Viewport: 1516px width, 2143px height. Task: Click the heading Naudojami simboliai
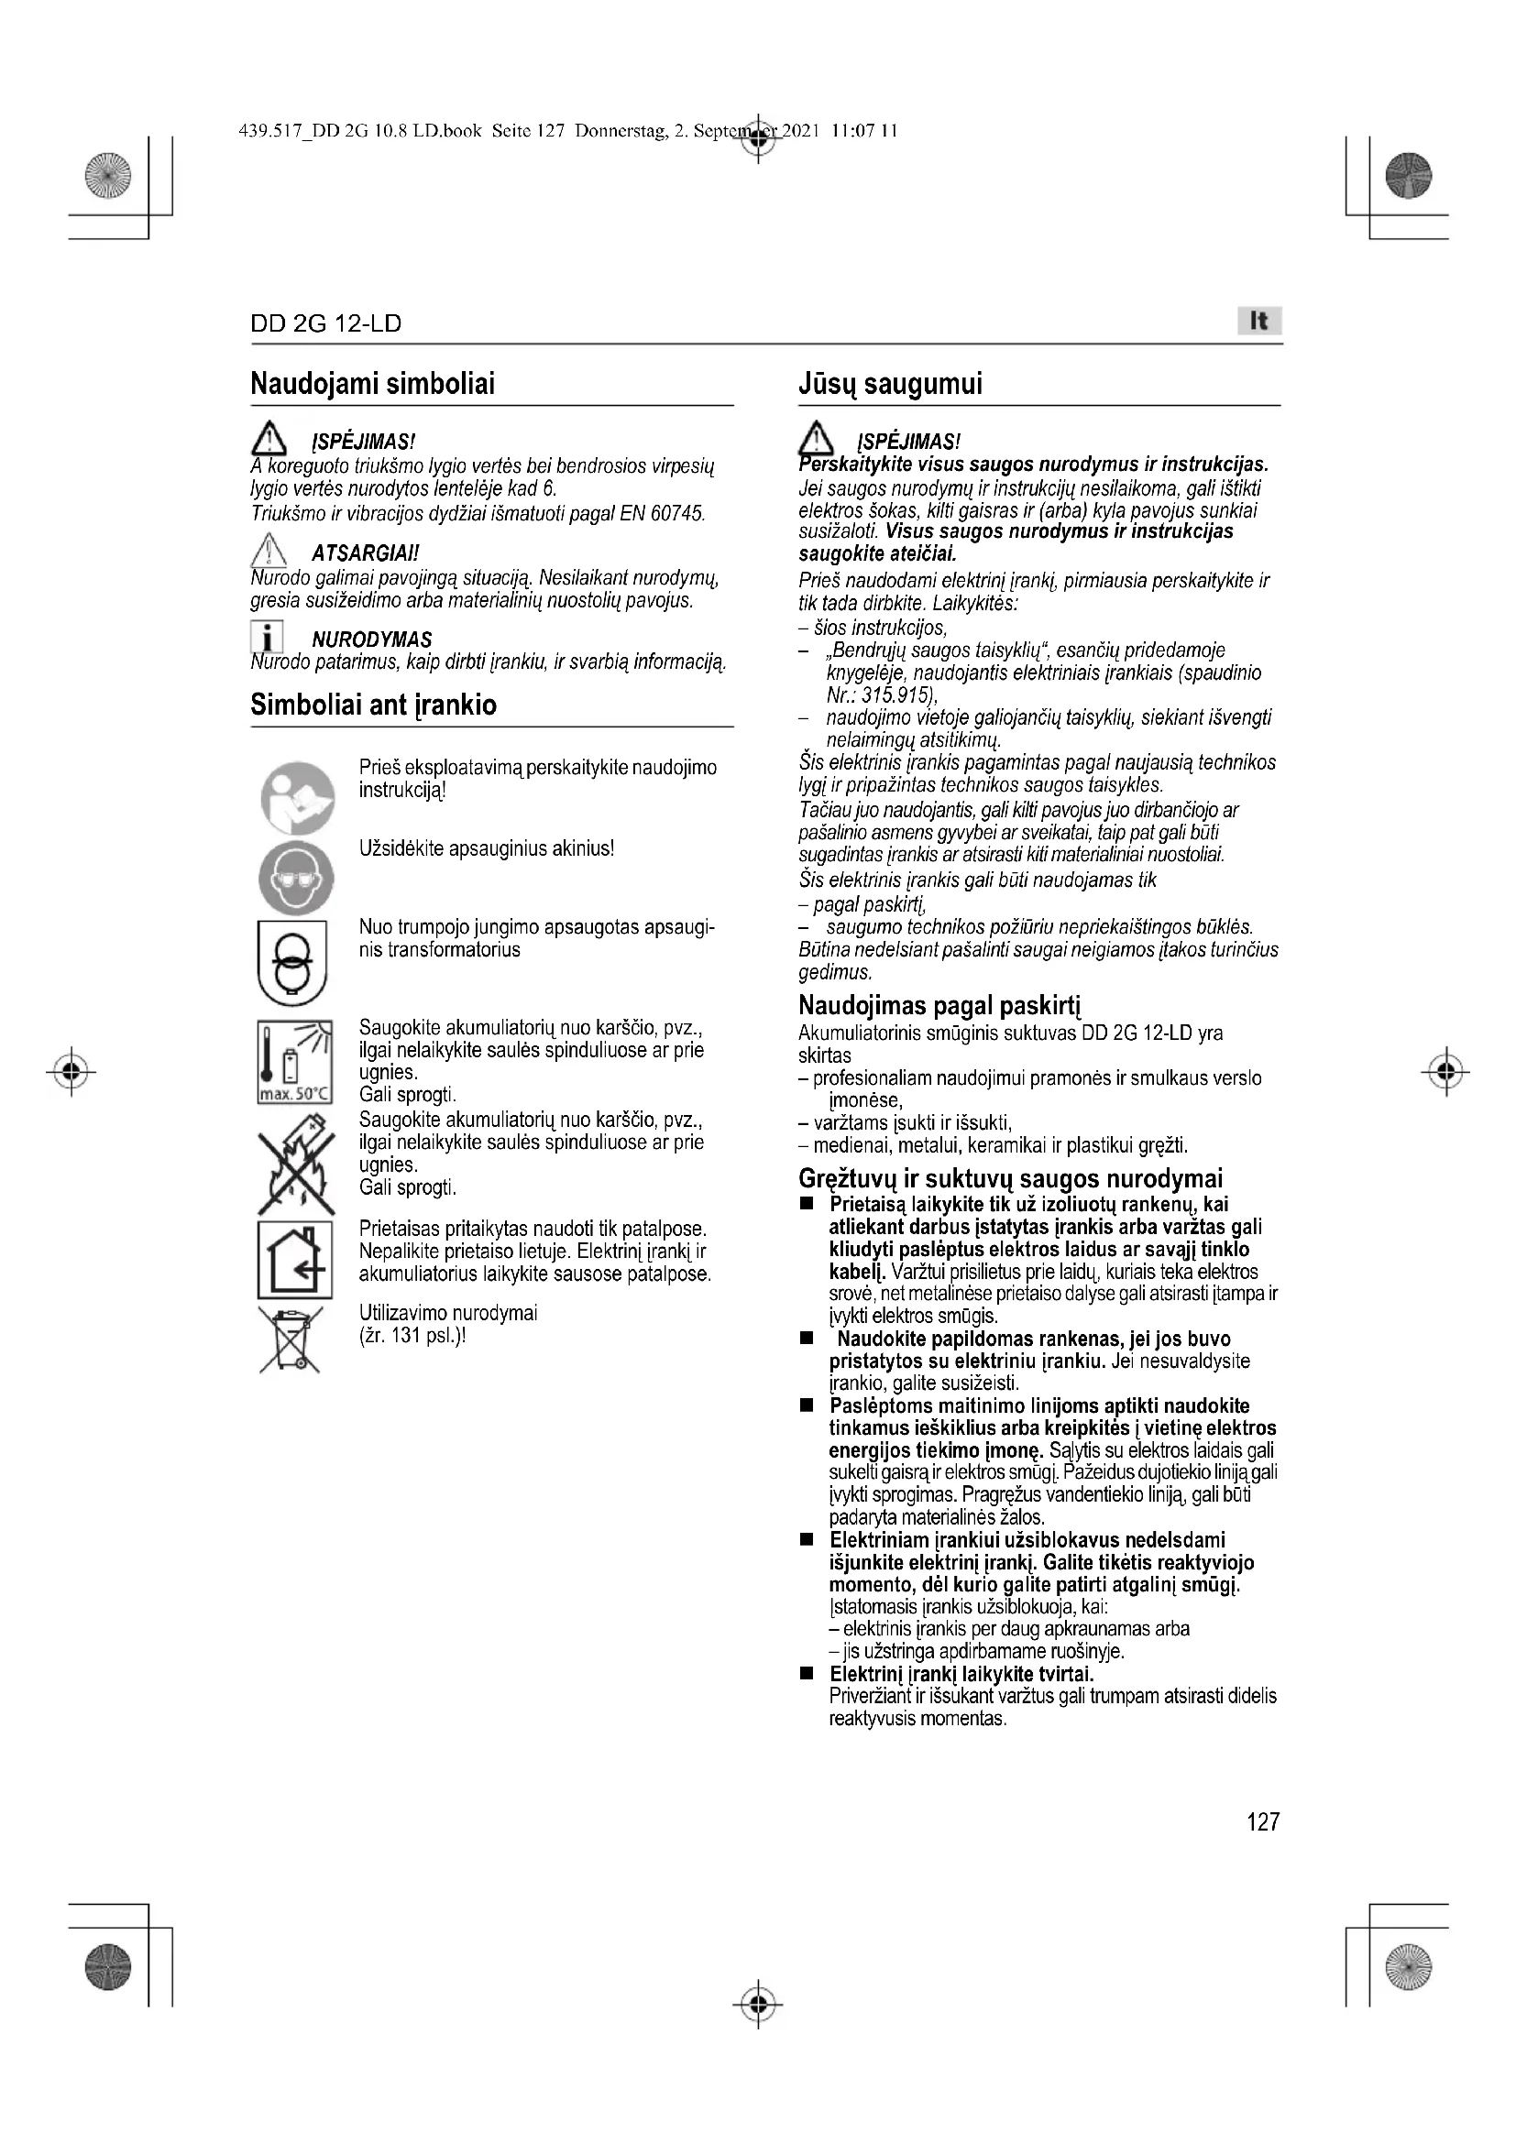(x=372, y=384)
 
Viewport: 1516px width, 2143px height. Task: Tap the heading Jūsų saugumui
(x=890, y=384)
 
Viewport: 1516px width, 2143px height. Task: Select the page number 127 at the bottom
(x=1262, y=1821)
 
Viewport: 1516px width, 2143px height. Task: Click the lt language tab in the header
(x=1258, y=321)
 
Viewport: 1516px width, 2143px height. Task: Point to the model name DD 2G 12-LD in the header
(x=325, y=323)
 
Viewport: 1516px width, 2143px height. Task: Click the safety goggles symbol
(x=296, y=877)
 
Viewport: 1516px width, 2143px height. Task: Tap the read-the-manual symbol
(x=297, y=798)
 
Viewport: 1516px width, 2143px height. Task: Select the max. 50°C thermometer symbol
(x=295, y=1062)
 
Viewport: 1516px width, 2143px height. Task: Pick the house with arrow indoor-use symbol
(x=295, y=1259)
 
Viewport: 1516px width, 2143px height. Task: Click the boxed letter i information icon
(x=268, y=638)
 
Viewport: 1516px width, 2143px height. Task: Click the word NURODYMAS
(x=371, y=640)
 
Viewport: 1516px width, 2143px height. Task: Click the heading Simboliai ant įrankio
(x=373, y=705)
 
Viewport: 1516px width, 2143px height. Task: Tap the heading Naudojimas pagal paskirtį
(x=939, y=1006)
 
